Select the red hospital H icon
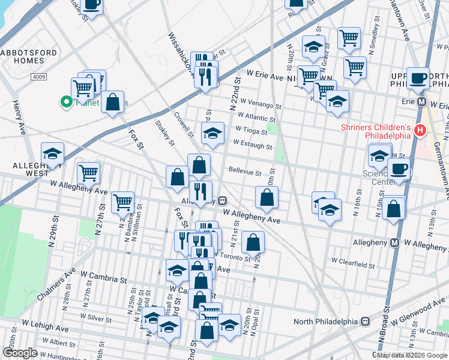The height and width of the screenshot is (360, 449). [x=420, y=130]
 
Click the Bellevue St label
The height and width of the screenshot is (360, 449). [x=244, y=172]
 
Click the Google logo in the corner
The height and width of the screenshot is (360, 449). [x=20, y=353]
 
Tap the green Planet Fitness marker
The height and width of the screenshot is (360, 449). [x=65, y=103]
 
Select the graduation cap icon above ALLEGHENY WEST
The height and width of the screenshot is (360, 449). [x=52, y=154]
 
